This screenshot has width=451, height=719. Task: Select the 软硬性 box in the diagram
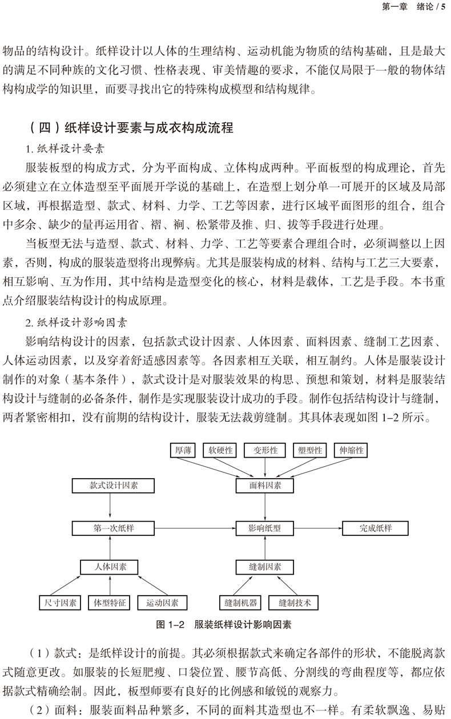220,450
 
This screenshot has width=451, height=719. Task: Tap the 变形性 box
265,450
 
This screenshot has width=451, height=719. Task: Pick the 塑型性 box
310,450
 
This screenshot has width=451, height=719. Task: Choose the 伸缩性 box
351,450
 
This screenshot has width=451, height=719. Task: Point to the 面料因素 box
265,486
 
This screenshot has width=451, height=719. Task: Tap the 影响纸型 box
265,528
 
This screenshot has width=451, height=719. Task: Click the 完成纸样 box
375,528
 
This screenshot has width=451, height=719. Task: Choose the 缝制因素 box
265,567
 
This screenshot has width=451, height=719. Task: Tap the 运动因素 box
162,603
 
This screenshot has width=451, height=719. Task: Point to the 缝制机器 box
238,603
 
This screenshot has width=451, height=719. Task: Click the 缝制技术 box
295,603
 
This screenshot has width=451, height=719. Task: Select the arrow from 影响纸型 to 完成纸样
317,528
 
